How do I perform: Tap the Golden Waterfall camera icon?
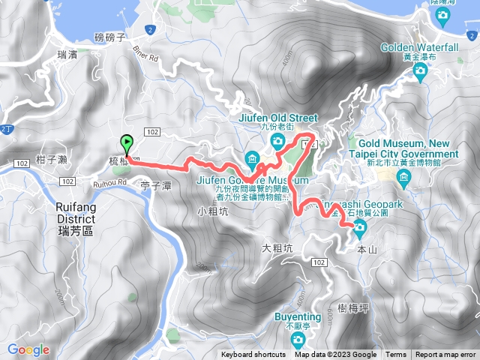(420, 70)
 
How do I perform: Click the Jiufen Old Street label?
(278, 118)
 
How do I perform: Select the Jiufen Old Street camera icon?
(278, 140)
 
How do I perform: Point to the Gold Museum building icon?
(405, 177)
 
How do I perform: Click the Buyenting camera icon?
(299, 341)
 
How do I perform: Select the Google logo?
(28, 349)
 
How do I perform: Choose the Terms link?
(395, 355)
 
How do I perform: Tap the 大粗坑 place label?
(277, 247)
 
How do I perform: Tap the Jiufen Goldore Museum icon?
(251, 157)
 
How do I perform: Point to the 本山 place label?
(367, 250)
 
